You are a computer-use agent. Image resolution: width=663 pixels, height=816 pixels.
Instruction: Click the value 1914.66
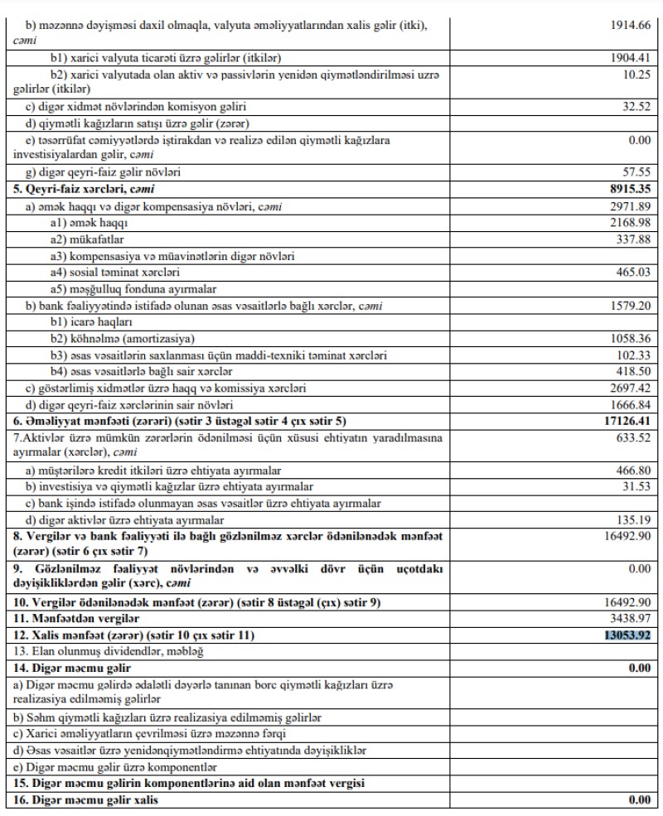(x=632, y=27)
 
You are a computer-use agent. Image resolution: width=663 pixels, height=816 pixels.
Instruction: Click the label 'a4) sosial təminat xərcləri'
(x=114, y=273)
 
